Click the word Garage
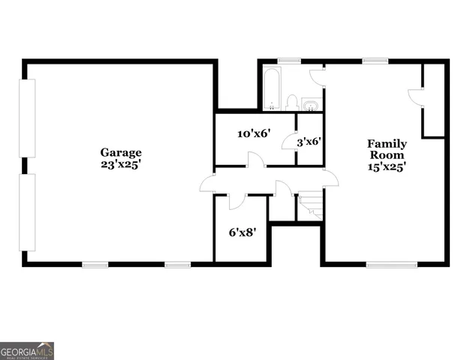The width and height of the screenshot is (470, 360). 120,152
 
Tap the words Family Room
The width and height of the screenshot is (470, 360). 386,149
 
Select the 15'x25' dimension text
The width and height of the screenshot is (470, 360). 386,168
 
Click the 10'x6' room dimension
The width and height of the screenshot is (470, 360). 253,134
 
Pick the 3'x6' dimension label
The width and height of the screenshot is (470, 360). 309,140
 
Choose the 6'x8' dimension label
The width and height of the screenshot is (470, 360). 243,232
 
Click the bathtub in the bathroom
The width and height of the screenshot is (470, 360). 272,88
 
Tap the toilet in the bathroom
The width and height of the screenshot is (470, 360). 292,103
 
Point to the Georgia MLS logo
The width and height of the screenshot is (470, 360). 26,350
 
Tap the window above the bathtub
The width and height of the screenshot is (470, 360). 289,61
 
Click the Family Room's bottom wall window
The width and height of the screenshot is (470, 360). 391,264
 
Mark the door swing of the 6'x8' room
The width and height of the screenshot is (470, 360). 236,202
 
